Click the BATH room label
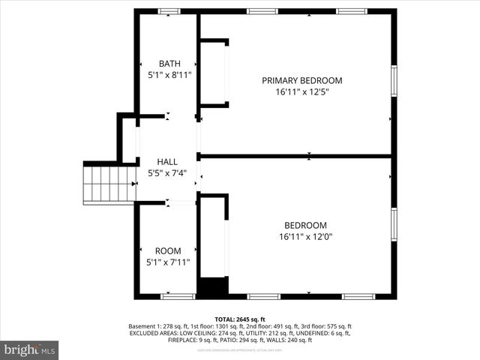(168, 63)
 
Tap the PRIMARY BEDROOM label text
(301, 80)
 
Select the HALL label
(167, 162)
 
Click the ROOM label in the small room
(168, 250)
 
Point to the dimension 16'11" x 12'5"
(301, 92)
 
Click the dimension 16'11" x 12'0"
(304, 237)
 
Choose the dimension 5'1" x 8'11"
(168, 75)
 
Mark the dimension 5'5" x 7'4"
(167, 174)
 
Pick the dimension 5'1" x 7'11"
(168, 262)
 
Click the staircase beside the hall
(109, 184)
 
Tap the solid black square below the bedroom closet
(212, 286)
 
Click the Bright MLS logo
(30, 349)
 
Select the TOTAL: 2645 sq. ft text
(240, 319)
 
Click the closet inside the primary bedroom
(213, 73)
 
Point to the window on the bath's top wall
(168, 11)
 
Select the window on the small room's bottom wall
(178, 296)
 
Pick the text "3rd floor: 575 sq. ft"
(322, 326)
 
